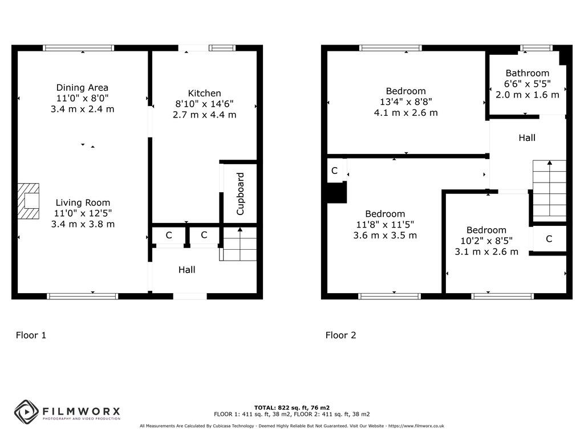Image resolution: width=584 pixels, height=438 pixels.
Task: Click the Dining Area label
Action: [x=82, y=87]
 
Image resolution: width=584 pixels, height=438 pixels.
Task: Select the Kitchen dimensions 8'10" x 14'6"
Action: [x=204, y=104]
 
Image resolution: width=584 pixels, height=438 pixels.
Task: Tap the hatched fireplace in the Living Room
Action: [x=29, y=201]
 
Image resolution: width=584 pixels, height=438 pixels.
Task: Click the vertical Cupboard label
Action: [x=240, y=193]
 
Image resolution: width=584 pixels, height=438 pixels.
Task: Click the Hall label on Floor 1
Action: [x=186, y=270]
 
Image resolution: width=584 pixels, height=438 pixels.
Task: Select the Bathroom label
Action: [x=527, y=73]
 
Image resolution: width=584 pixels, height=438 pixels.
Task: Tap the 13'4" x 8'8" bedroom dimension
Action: [x=405, y=102]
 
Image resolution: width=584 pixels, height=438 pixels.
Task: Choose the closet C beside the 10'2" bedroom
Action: [x=549, y=239]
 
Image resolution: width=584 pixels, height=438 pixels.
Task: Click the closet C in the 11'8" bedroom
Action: [x=335, y=171]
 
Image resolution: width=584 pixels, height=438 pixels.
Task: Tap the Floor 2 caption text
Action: [x=340, y=335]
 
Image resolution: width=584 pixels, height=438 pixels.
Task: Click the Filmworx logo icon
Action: [x=26, y=411]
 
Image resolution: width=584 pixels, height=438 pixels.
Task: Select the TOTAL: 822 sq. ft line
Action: [x=291, y=407]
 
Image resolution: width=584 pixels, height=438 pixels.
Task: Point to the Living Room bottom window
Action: [x=82, y=296]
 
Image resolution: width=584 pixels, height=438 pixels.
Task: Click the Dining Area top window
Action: [x=79, y=48]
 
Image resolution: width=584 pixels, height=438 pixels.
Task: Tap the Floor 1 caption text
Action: [x=31, y=335]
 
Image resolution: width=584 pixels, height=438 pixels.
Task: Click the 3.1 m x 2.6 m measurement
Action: [x=486, y=252]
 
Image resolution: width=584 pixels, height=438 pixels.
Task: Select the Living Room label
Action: [x=83, y=202]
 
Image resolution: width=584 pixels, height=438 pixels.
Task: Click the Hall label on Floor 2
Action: [x=526, y=137]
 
